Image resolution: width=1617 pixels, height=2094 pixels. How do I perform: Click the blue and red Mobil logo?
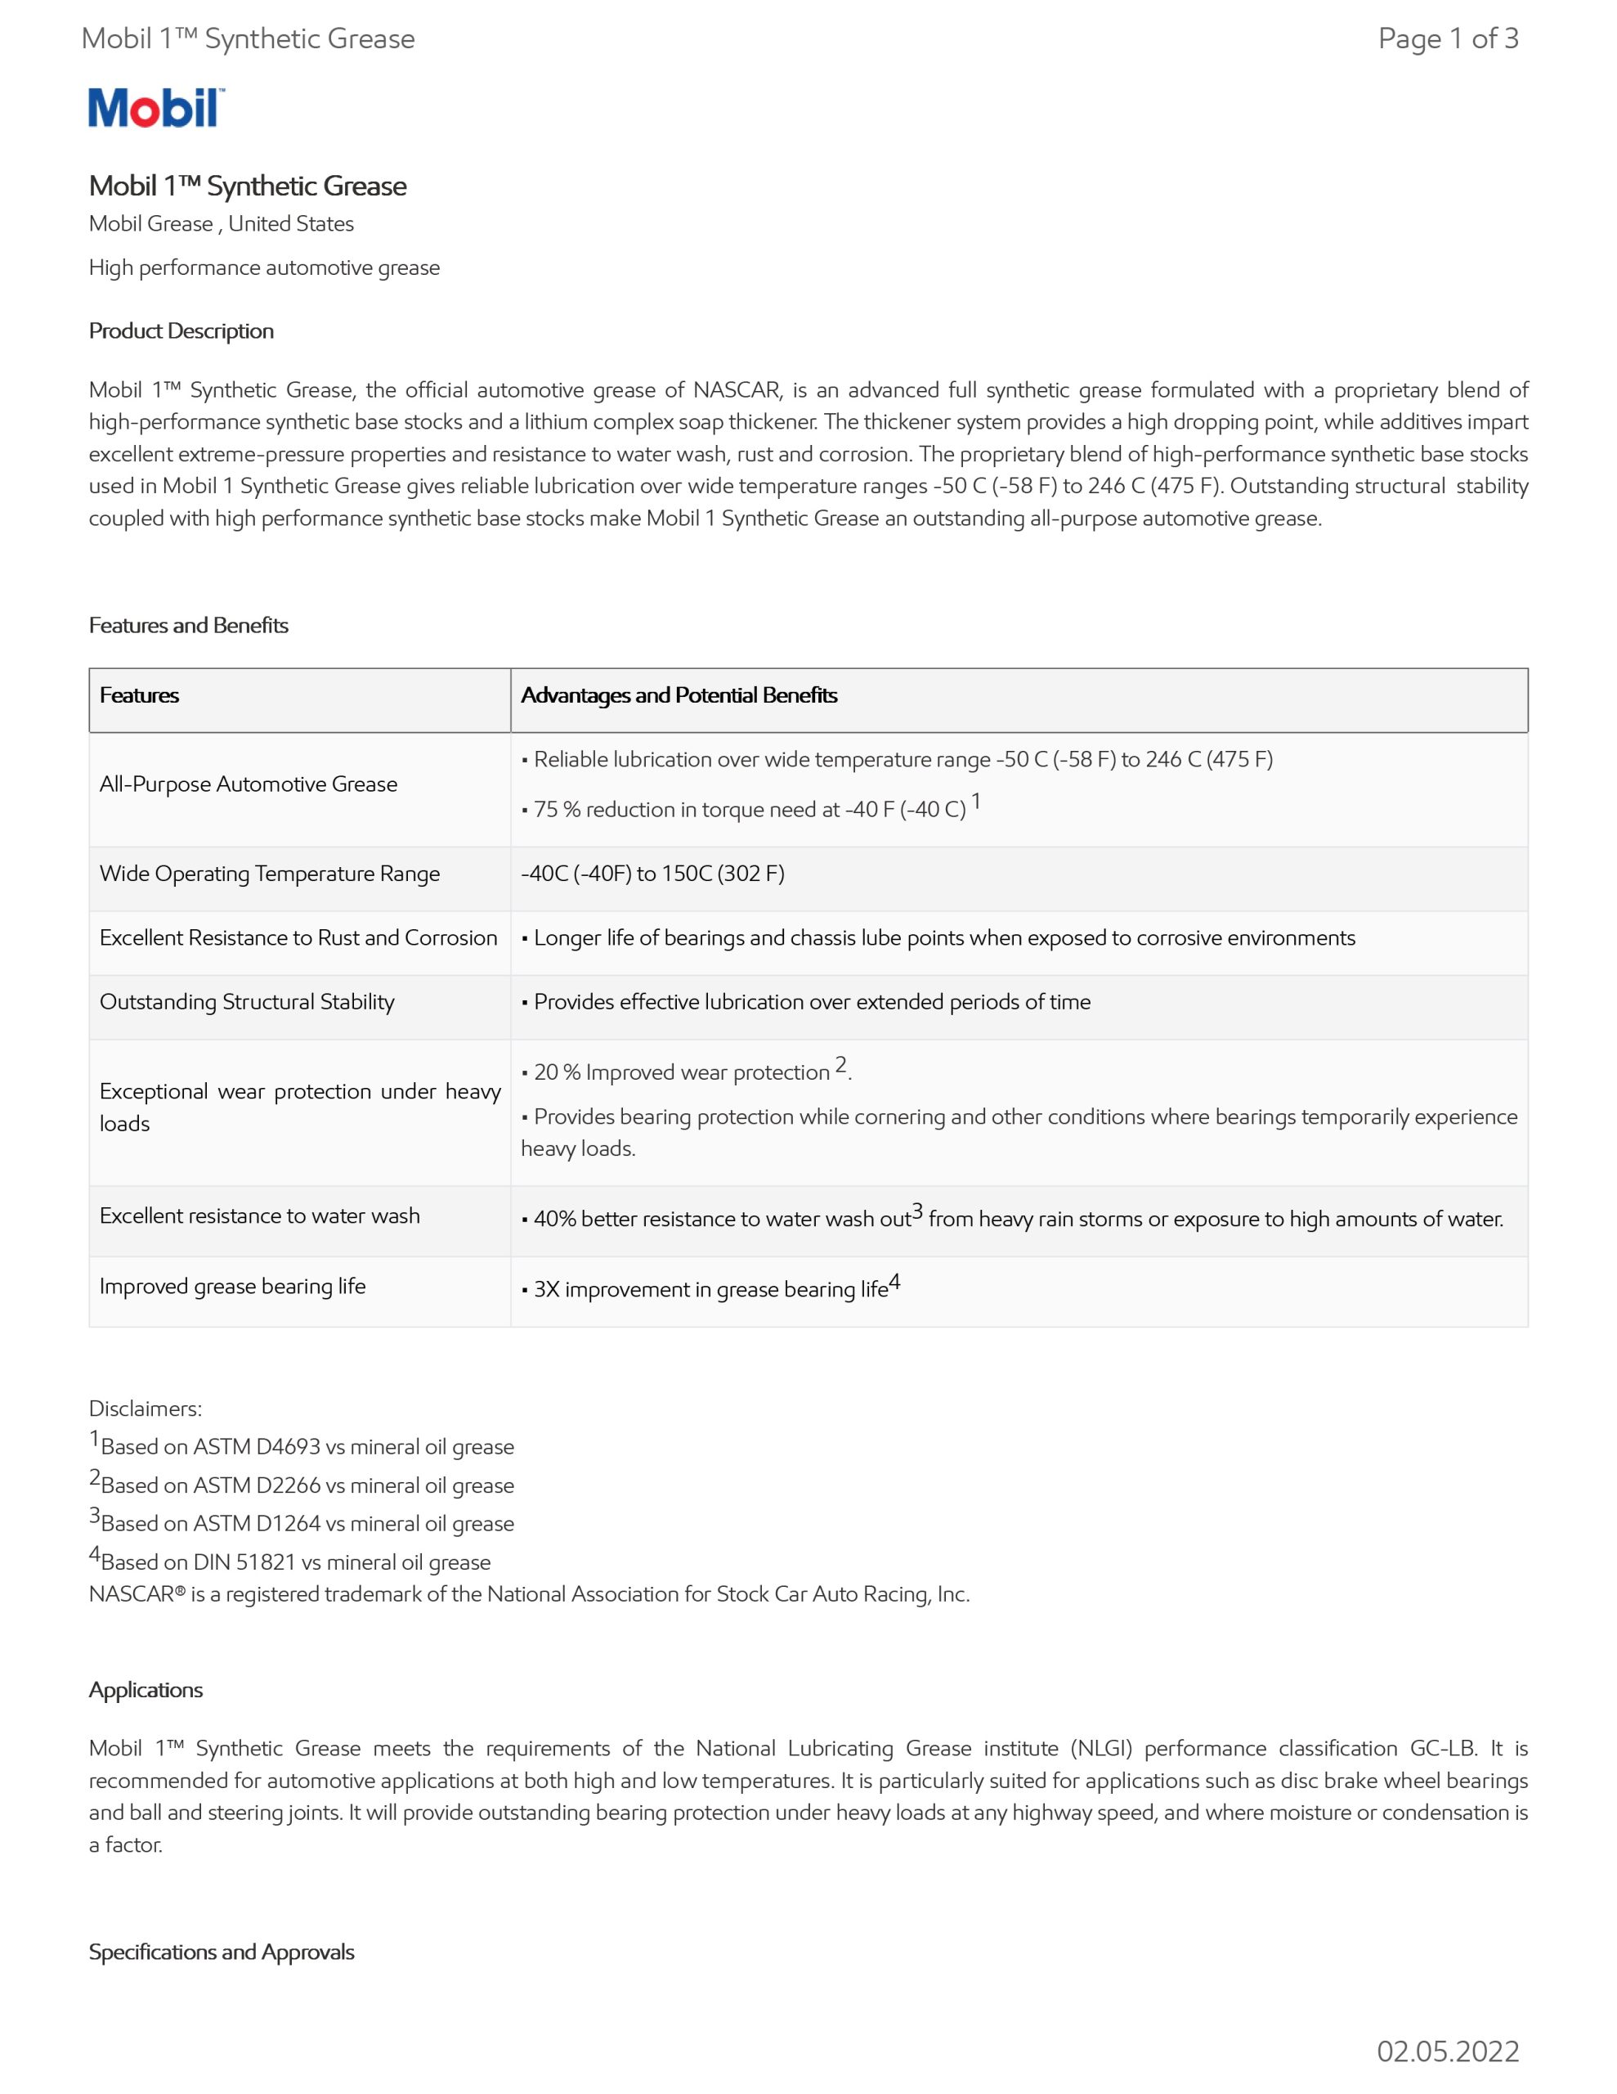(156, 107)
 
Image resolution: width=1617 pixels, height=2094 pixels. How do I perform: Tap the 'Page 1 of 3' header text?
(1447, 38)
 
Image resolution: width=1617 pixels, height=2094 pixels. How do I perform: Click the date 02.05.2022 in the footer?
(1447, 2051)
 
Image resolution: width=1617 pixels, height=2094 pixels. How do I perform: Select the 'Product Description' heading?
(181, 330)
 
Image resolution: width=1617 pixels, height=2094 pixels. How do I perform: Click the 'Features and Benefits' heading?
(189, 625)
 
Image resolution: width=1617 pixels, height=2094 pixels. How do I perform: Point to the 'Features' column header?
(139, 695)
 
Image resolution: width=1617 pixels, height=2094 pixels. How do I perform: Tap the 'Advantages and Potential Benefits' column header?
(679, 695)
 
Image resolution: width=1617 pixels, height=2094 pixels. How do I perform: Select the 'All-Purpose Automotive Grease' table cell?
(249, 784)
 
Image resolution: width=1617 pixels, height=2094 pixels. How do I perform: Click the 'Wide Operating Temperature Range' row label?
(269, 874)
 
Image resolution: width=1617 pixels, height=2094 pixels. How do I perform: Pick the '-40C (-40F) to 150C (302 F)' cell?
(652, 874)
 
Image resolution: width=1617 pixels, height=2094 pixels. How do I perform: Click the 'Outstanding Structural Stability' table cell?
(248, 1002)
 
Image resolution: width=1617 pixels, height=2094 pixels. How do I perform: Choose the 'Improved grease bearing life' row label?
(233, 1286)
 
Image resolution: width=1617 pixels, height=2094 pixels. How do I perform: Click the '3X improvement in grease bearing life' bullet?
(710, 1288)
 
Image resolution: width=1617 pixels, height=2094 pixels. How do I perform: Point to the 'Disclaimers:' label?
(146, 1409)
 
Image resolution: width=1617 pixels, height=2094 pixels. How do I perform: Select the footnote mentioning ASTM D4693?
(303, 1446)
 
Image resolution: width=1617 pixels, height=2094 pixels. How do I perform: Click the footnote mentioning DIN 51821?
(291, 1561)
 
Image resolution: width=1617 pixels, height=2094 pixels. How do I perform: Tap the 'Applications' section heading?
(146, 1689)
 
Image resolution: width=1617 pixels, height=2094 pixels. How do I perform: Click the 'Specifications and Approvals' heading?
(222, 1952)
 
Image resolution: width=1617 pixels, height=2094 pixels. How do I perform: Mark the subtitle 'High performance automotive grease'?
(265, 267)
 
